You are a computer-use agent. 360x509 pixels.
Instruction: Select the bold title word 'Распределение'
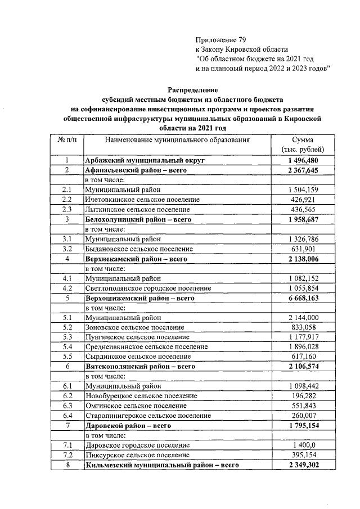point(193,90)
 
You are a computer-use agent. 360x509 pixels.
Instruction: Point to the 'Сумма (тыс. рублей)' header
point(302,145)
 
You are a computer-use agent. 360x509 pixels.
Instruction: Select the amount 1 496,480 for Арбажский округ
point(303,160)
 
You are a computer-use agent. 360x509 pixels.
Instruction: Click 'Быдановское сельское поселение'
point(139,248)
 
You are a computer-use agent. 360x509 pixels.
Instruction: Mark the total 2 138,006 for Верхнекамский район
point(303,258)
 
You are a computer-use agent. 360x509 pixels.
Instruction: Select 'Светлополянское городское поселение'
point(148,287)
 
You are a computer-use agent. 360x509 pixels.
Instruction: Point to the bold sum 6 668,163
point(303,298)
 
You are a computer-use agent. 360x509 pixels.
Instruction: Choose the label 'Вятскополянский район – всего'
point(139,366)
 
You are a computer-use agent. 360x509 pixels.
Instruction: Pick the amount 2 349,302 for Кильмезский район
point(303,465)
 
